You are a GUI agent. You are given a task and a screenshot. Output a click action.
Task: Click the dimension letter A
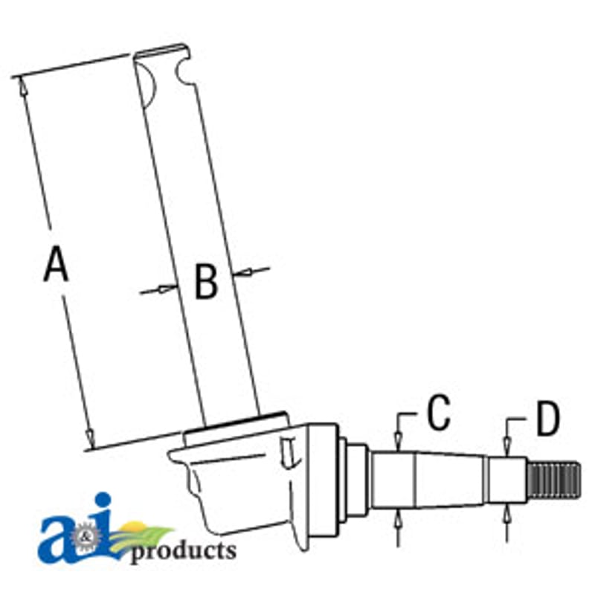57,264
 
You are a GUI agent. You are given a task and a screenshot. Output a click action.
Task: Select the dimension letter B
206,281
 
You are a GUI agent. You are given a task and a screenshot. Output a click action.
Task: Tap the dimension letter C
439,413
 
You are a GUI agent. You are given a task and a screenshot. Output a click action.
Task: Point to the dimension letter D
548,418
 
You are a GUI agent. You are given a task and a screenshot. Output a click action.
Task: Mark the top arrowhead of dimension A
22,86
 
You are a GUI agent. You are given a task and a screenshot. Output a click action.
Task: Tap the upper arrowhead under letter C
398,441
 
